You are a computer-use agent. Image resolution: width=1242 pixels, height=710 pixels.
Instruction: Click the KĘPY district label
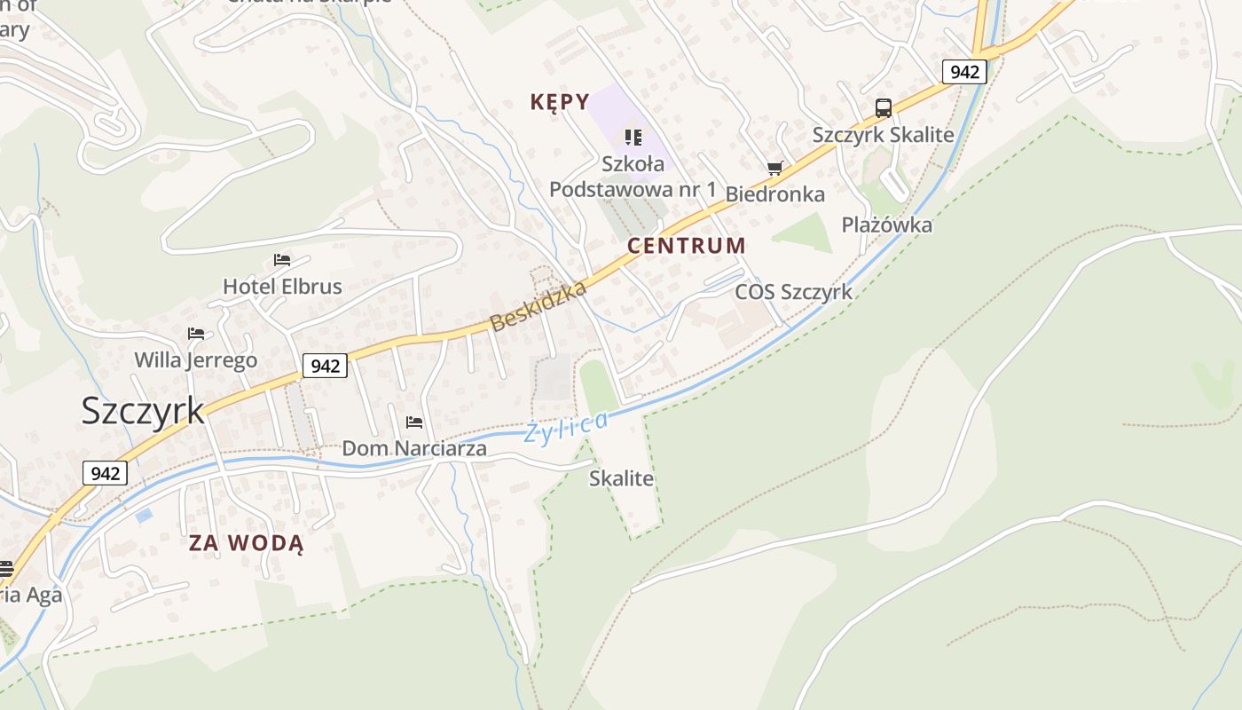click(560, 102)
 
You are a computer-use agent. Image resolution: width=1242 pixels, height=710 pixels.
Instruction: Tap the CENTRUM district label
click(687, 246)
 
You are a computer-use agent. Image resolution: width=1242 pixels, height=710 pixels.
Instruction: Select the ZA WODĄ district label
click(246, 543)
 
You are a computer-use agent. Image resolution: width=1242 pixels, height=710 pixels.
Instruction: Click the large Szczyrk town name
click(143, 410)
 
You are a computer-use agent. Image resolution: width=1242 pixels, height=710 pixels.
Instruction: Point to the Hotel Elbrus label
click(282, 287)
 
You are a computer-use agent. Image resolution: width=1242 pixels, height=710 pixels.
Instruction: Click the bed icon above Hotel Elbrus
click(282, 260)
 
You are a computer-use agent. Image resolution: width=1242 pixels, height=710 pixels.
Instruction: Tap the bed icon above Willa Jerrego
click(196, 334)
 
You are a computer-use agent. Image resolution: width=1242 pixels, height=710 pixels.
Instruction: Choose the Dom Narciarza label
click(414, 448)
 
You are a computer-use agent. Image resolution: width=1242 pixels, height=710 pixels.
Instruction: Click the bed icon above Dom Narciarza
click(414, 422)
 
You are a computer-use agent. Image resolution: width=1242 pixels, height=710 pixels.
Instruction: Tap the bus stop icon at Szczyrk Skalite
click(884, 108)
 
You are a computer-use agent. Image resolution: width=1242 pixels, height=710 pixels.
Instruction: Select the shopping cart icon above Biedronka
click(775, 168)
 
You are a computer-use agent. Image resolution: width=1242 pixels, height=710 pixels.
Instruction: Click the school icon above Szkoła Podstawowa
click(633, 137)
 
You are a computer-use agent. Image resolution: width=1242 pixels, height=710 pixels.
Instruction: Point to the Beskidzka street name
click(538, 306)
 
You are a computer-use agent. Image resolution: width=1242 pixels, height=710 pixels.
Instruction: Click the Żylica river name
click(567, 427)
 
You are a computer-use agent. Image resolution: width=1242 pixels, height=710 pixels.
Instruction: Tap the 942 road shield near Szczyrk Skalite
click(964, 72)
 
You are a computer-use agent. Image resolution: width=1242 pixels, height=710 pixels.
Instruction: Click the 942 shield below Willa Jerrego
click(325, 365)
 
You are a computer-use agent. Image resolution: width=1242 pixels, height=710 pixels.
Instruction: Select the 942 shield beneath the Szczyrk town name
click(105, 473)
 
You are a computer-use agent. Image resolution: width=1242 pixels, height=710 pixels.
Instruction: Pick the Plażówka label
click(887, 225)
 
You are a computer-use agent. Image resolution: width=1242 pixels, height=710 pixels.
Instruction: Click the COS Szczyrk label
click(793, 292)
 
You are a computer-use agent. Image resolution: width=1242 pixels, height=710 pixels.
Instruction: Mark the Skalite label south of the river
click(621, 478)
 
